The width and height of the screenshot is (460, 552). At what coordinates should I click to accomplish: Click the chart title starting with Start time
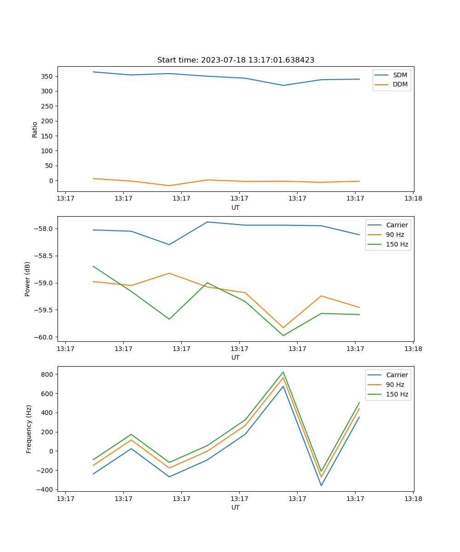[x=236, y=60]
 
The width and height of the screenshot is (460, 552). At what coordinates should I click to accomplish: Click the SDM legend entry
[x=399, y=75]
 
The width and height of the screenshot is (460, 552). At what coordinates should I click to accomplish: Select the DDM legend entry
[x=400, y=85]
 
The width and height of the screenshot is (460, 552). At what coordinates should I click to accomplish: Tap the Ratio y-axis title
[x=35, y=130]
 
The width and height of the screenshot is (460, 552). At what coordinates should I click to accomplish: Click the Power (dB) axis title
[x=28, y=279]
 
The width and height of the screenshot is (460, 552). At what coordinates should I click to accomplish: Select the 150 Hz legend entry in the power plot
[x=397, y=244]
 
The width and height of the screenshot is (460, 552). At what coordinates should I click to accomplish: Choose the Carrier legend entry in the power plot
[x=397, y=225]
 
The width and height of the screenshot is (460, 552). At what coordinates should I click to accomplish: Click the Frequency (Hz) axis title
[x=29, y=429]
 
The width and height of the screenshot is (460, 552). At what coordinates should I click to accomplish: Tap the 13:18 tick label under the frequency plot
[x=413, y=499]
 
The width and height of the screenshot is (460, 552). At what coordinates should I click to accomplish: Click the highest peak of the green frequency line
[x=283, y=372]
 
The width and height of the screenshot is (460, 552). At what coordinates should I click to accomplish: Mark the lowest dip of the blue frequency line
[x=321, y=485]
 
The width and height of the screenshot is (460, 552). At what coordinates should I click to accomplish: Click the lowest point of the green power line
[x=283, y=335]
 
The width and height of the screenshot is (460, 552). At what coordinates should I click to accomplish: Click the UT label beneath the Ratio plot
[x=236, y=207]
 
